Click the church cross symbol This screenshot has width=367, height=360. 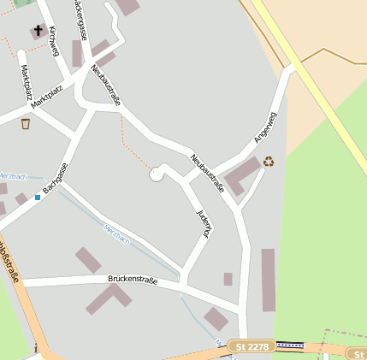point(38,31)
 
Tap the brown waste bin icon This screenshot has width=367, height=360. point(26,123)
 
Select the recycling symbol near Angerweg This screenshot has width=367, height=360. point(269,160)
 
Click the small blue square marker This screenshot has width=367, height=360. point(38,198)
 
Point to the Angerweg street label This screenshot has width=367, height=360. point(265,127)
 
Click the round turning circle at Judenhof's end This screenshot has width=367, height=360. point(157,174)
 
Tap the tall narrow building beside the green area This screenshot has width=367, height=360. point(268,280)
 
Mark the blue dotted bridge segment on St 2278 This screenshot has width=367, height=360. point(291,345)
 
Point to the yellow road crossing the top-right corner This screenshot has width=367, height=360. point(317,81)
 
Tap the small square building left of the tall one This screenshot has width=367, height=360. point(228,279)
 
